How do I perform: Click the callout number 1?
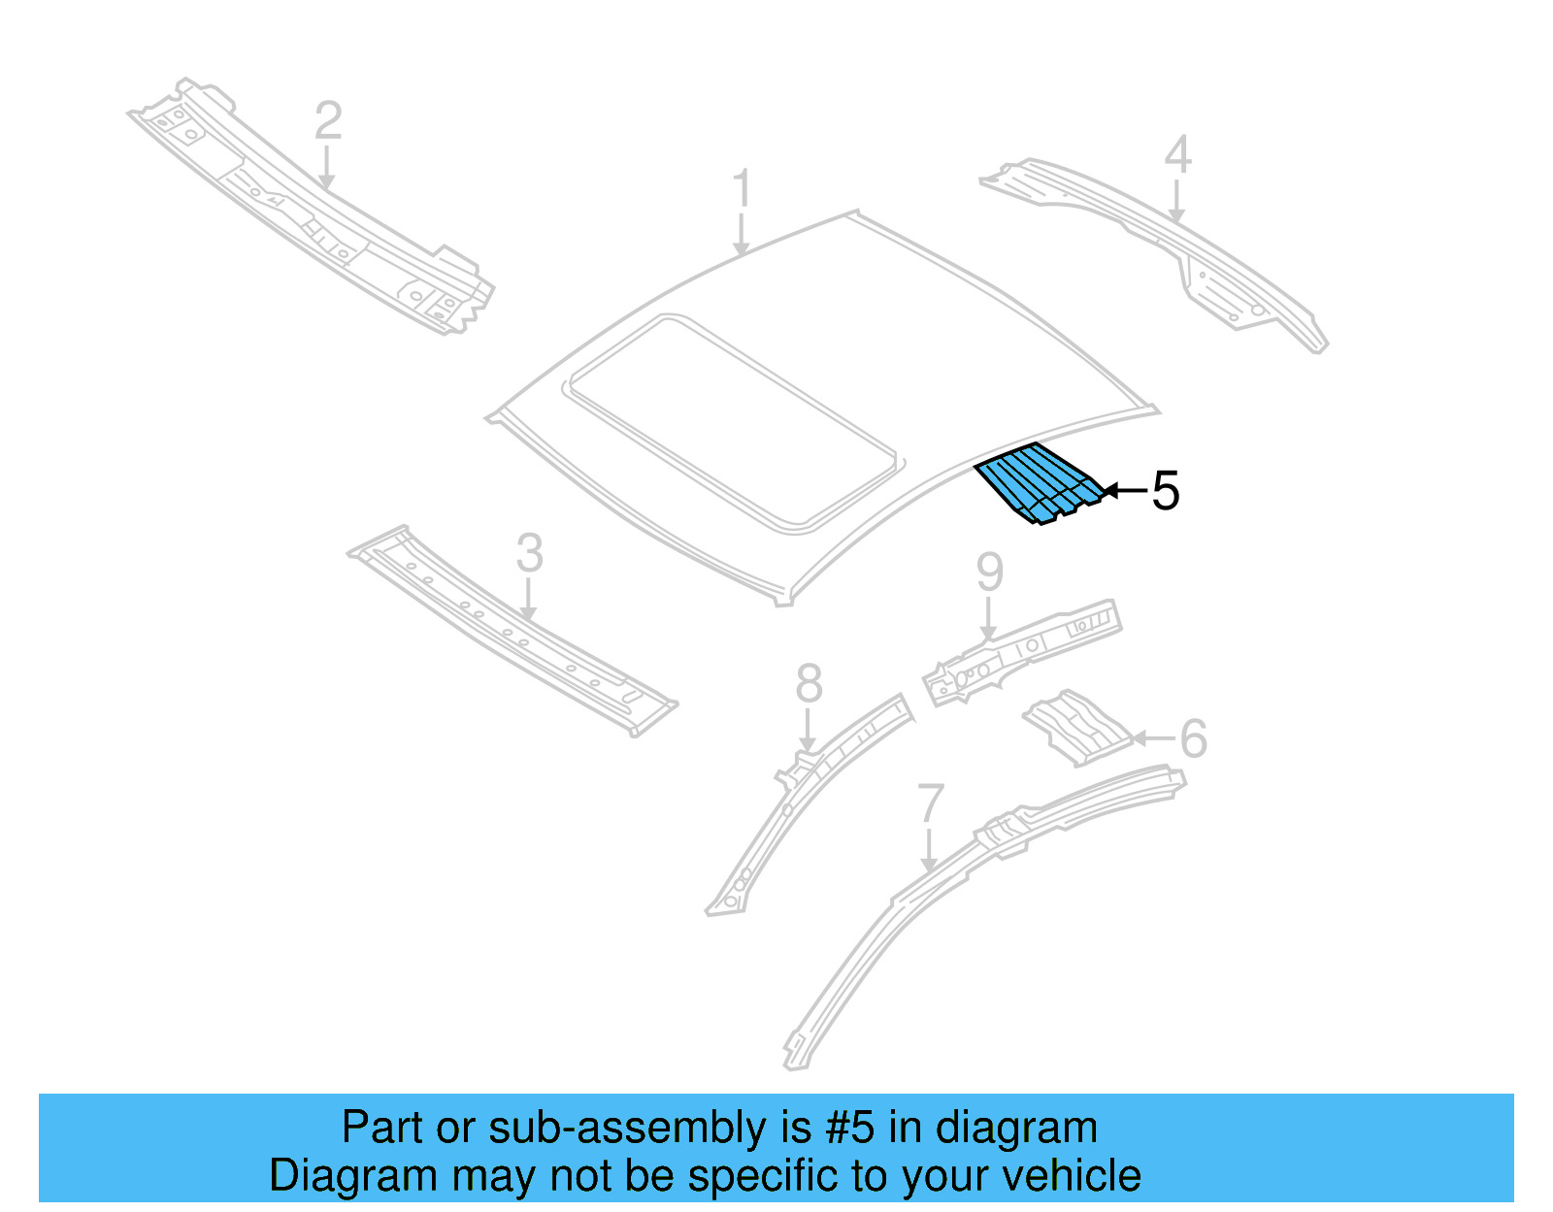click(743, 189)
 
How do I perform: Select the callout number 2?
click(329, 121)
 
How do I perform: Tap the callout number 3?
click(529, 554)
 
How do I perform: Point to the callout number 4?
click(1177, 155)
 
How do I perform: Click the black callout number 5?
click(1165, 491)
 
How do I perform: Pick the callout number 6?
click(1193, 738)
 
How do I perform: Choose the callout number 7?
click(931, 803)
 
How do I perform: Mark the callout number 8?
click(809, 684)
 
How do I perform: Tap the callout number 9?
click(989, 573)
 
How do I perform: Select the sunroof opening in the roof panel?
click(733, 422)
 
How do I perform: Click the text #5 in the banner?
click(850, 1129)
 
